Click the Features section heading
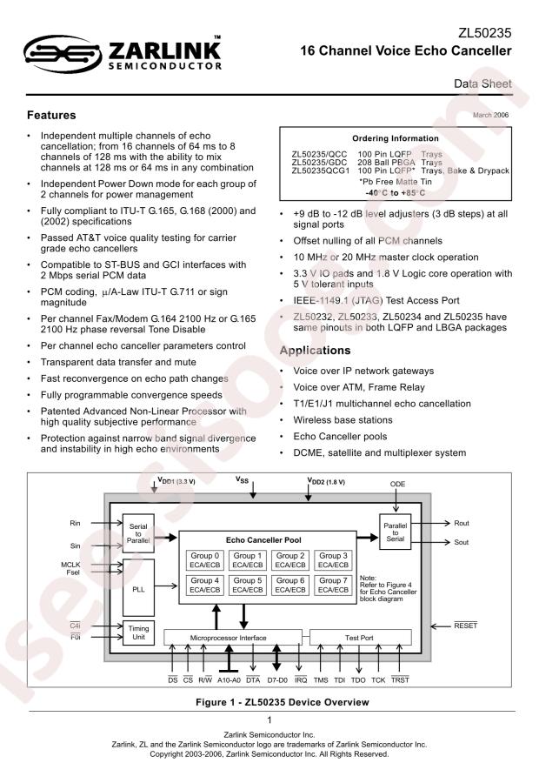[x=52, y=115]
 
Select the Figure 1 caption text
[x=269, y=700]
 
